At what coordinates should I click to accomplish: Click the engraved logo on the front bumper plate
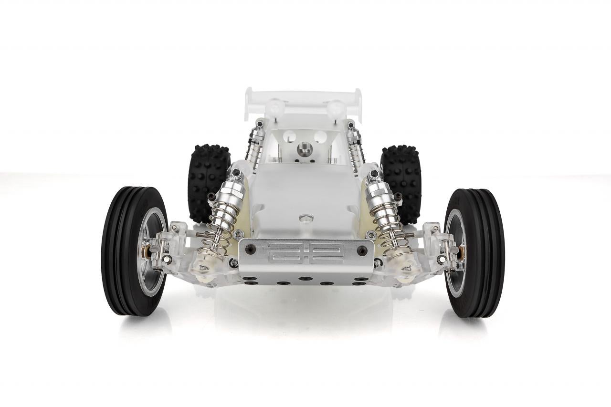coord(305,253)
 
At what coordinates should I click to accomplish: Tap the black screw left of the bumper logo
coord(250,249)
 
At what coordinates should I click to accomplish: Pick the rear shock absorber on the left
coord(254,143)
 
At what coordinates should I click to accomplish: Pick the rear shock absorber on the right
coord(356,143)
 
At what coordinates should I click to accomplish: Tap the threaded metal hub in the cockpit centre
coord(305,149)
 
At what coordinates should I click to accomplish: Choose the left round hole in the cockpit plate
coord(289,137)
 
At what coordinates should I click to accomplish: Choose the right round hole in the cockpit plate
coord(320,137)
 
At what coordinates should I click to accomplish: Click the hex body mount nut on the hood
coord(306,219)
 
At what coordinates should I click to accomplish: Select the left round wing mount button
coord(275,107)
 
